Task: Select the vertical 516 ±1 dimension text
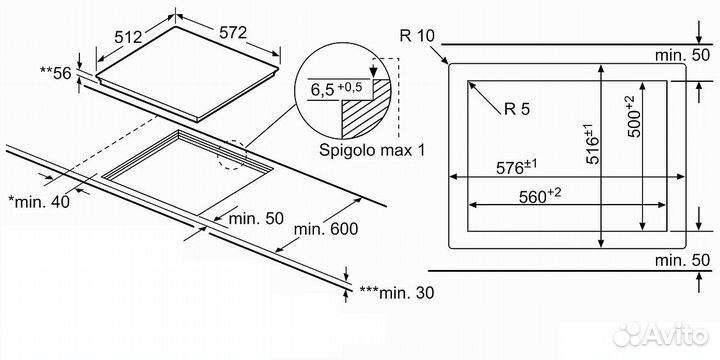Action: click(x=592, y=145)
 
